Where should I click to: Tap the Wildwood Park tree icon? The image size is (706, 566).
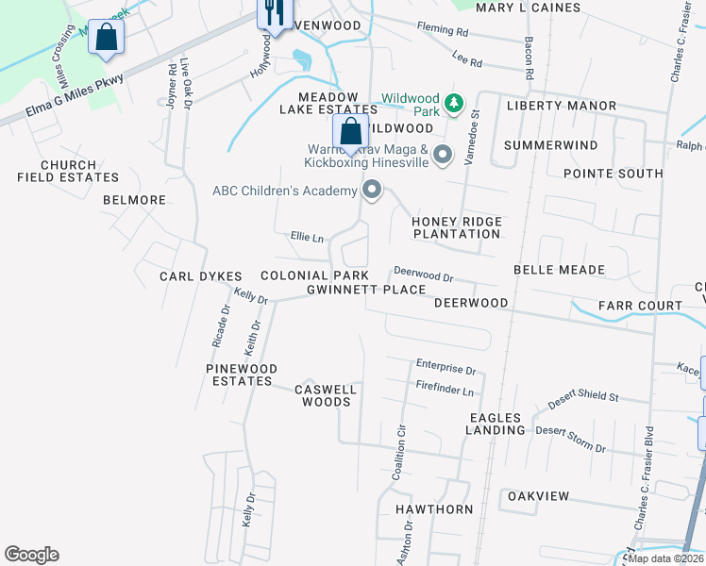455,101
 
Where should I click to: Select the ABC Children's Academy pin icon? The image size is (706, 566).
372,191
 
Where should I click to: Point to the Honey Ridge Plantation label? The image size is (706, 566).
457,227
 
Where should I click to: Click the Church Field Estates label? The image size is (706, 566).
68,171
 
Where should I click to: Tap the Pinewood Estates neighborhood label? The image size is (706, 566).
243,375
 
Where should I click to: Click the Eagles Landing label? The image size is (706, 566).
495,424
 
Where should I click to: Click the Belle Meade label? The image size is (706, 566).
559,270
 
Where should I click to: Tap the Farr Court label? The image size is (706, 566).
640,306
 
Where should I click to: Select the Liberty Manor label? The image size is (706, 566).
562,106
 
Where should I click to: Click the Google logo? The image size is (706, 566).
31,555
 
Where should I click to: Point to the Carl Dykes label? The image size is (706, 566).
201,276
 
